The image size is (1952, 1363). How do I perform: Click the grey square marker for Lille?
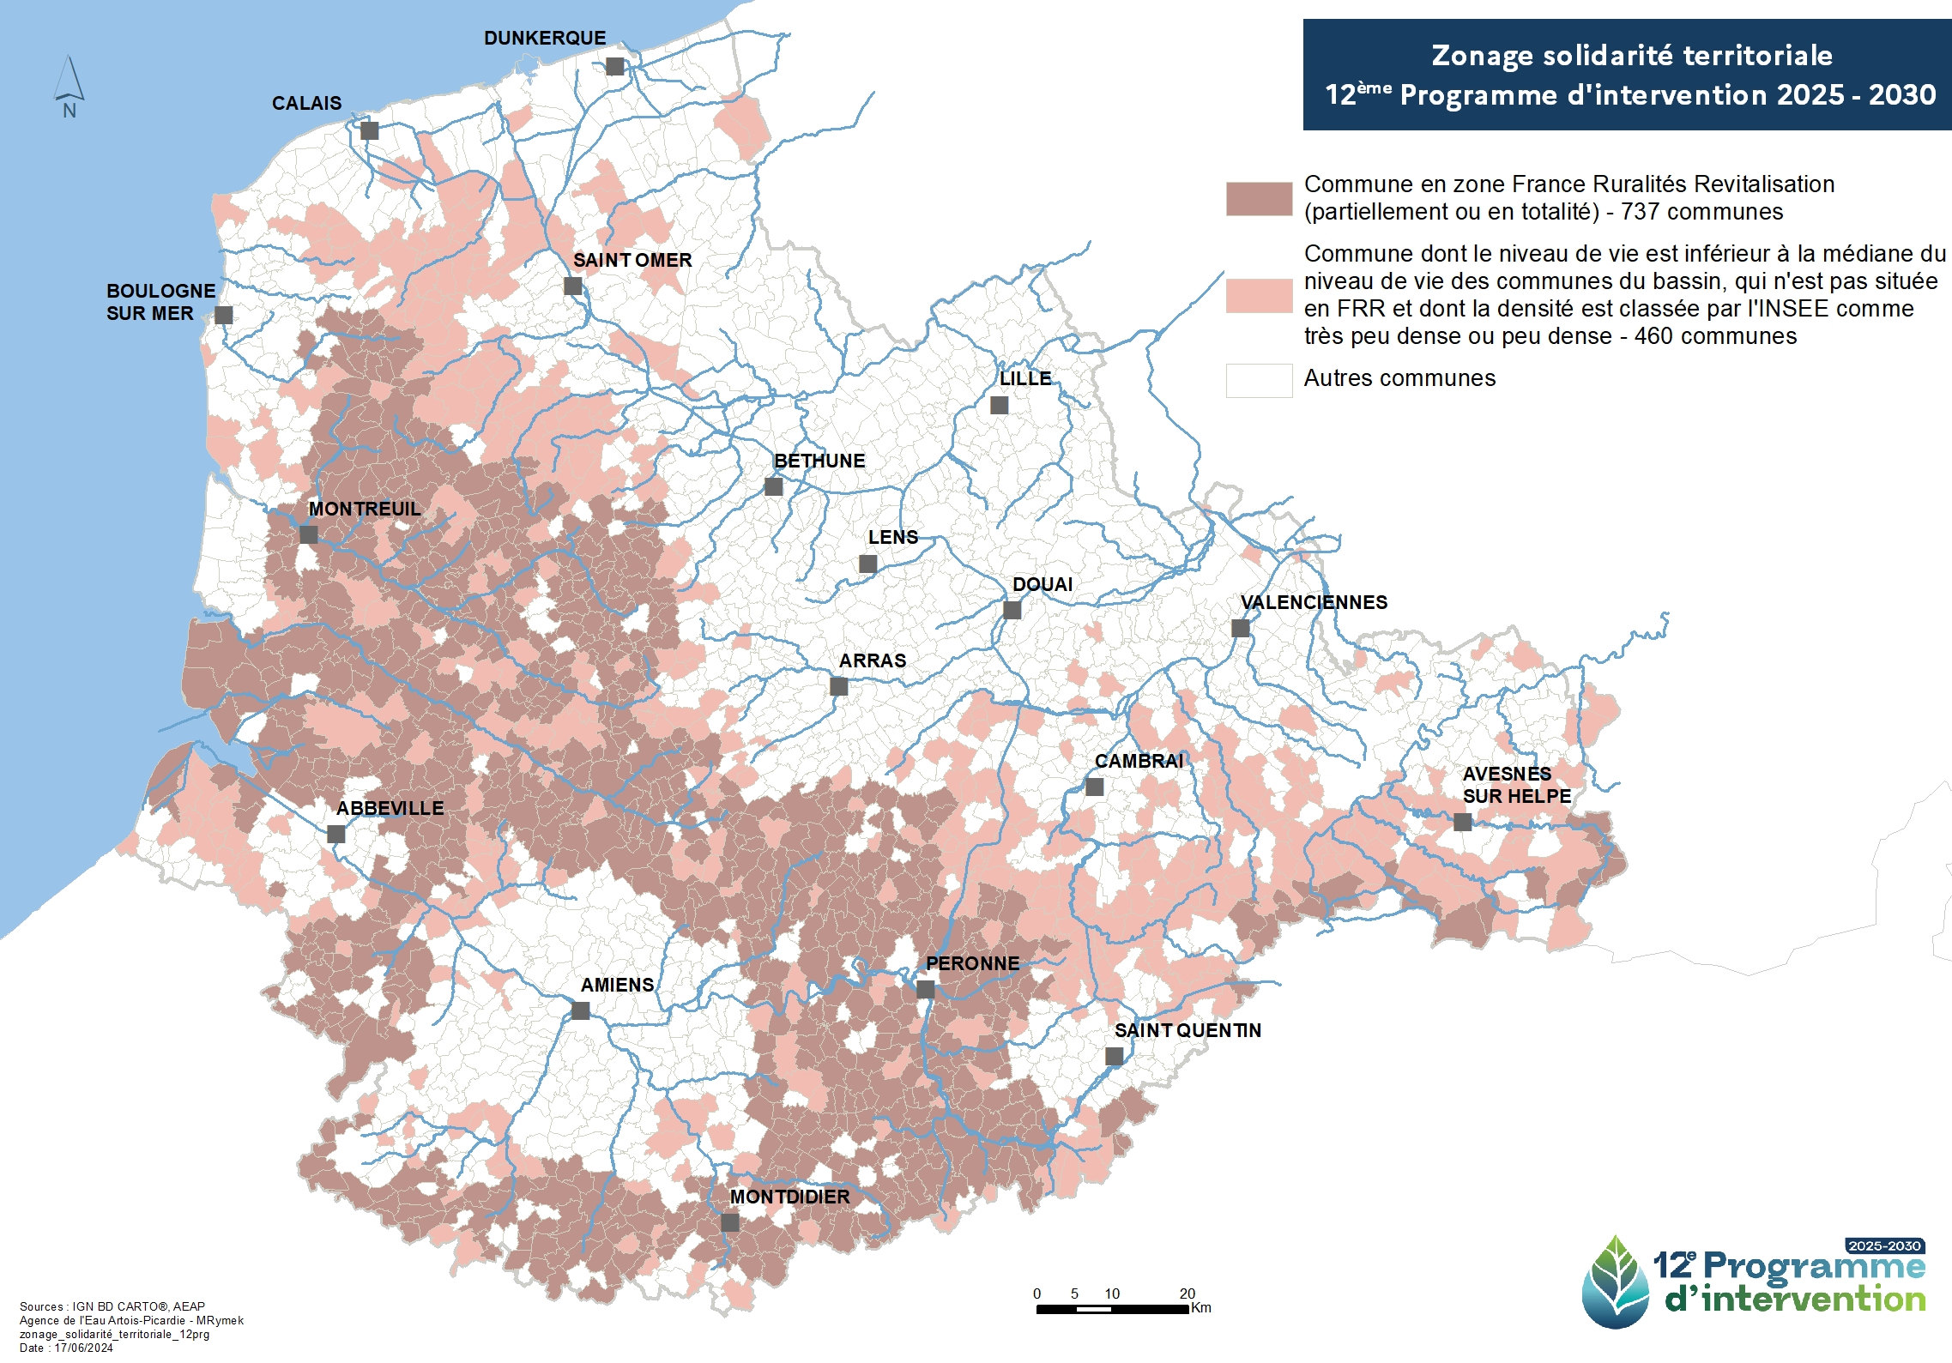point(999,405)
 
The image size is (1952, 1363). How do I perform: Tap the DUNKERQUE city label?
point(545,39)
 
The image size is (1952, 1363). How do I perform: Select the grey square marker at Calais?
point(369,130)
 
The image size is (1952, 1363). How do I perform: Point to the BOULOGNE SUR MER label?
point(160,302)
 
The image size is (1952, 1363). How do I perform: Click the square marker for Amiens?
point(581,1010)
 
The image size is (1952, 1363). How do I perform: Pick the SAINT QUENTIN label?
point(1188,1030)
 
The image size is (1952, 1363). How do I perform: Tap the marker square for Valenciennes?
point(1240,628)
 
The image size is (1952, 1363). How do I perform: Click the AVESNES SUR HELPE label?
point(1516,785)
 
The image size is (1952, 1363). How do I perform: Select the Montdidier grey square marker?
point(730,1222)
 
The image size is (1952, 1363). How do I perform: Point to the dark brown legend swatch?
point(1259,198)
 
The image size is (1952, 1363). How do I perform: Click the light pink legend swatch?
point(1259,295)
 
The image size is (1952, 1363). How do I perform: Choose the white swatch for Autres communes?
point(1259,380)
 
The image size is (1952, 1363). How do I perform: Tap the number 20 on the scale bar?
point(1187,1294)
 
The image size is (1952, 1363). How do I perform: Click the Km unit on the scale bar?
point(1201,1308)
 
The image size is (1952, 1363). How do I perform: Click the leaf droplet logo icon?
point(1616,1282)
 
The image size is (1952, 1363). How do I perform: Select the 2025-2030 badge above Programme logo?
point(1884,1245)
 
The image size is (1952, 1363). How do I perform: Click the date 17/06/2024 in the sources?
point(83,1348)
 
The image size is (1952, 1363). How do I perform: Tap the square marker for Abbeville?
point(336,834)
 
